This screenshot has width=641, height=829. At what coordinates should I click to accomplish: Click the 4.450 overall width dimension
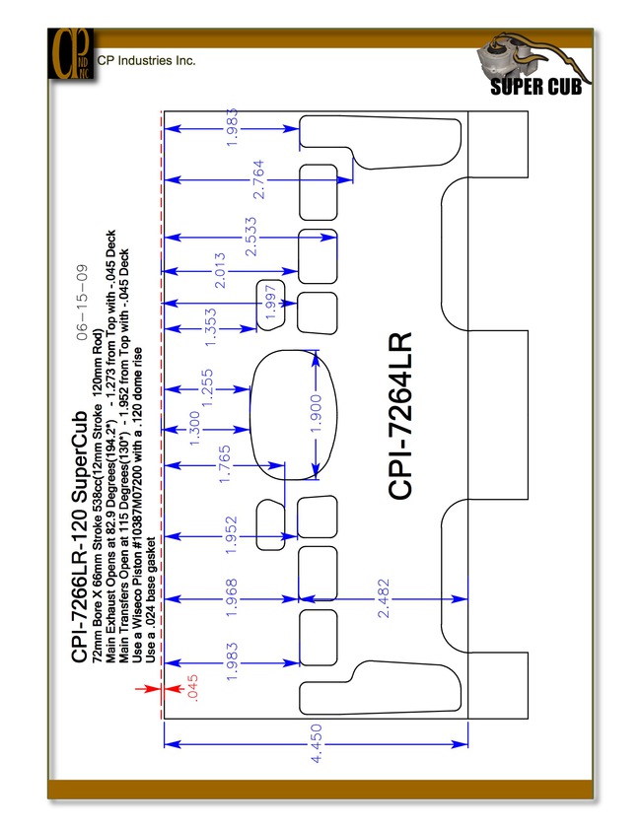(316, 744)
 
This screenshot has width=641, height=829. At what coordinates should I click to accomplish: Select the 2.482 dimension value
(384, 598)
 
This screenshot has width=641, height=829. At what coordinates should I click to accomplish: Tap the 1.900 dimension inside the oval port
(316, 413)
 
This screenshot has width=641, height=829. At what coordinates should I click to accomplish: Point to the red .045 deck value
(192, 688)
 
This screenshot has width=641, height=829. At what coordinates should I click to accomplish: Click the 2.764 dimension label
(258, 179)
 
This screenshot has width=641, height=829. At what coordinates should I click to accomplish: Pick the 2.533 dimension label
(250, 237)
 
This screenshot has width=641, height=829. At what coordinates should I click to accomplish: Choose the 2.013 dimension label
(219, 271)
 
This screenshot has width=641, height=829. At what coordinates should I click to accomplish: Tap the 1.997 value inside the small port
(270, 302)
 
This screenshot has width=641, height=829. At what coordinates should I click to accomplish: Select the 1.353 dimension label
(210, 328)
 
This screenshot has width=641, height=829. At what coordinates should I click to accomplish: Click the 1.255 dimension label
(207, 388)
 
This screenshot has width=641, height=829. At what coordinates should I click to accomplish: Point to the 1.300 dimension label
(194, 429)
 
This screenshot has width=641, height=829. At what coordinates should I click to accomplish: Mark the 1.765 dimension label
(224, 464)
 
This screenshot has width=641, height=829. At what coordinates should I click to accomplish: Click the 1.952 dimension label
(231, 535)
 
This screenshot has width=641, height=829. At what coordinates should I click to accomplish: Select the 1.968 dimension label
(231, 598)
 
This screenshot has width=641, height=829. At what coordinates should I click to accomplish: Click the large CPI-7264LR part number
(399, 416)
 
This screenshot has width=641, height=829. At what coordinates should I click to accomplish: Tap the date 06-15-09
(82, 303)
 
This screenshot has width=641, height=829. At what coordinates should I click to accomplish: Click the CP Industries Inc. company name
(146, 61)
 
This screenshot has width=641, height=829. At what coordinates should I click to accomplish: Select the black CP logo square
(71, 54)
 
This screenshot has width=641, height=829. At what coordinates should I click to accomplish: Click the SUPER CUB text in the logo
(536, 87)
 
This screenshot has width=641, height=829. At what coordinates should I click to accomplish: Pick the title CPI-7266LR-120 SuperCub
(79, 536)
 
